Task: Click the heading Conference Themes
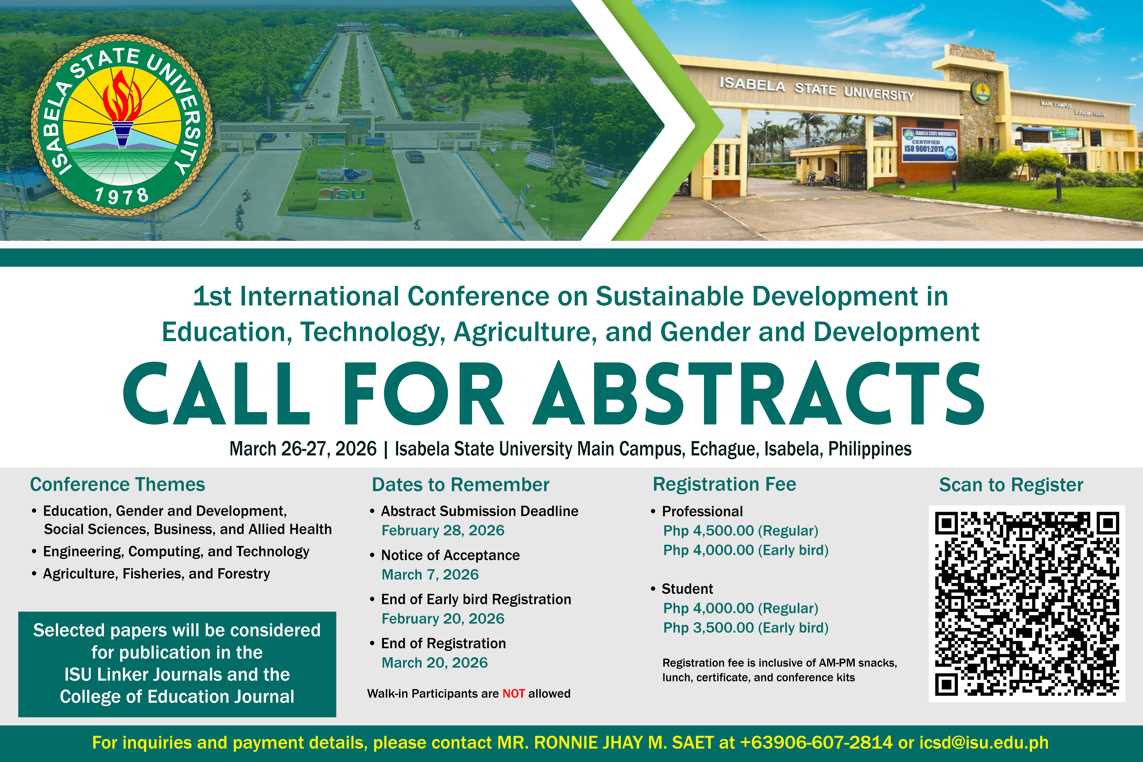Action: point(118,485)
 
